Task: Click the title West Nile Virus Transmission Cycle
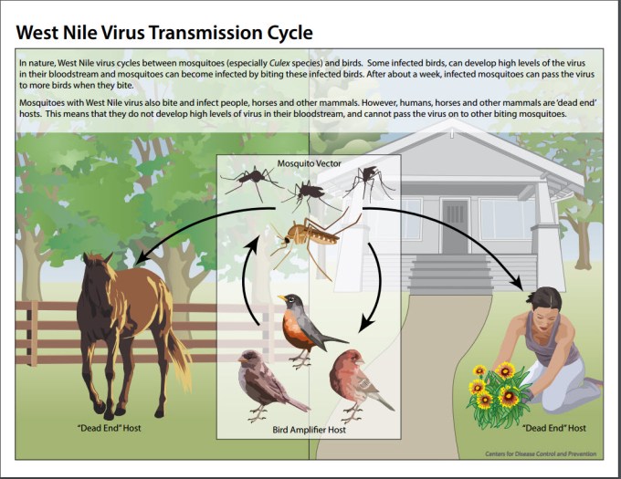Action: click(164, 33)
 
